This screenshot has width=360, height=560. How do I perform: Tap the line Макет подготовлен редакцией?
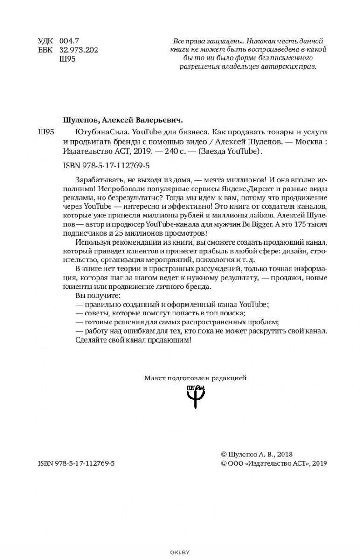(195, 378)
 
